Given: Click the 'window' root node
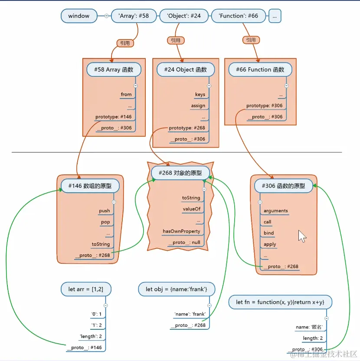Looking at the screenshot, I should pos(79,16).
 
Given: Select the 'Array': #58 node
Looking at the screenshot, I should pos(133,16).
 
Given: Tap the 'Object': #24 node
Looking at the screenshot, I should pos(183,16).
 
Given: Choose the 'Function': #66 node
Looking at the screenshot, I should pos(239,16).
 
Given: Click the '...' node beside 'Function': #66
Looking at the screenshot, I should pos(275,16).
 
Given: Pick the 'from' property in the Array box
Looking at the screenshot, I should pos(126,94).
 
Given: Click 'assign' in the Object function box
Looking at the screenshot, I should pos(198,105).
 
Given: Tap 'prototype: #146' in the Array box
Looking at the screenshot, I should pos(113,117).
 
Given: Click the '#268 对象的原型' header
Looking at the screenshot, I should pos(180,173).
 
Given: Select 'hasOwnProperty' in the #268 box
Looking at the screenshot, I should pos(181,231).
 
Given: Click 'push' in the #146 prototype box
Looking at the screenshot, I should pos(104,211).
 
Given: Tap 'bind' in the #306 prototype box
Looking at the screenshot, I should pos(269,233).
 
